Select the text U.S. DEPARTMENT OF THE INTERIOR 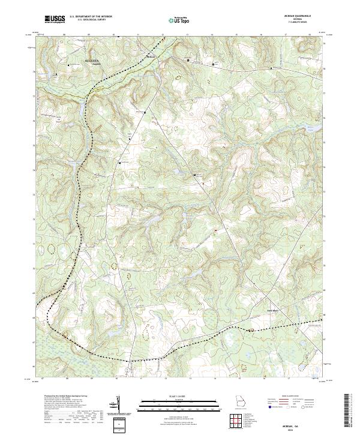(91, 17)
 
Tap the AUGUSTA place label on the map (92, 61)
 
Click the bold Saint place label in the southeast (272, 310)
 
